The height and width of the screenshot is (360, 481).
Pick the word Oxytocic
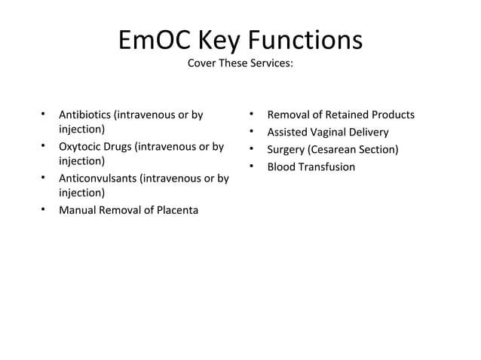pos(81,147)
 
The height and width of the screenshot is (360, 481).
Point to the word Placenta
pos(176,210)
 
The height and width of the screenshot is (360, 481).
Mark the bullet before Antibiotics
pos(44,114)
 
